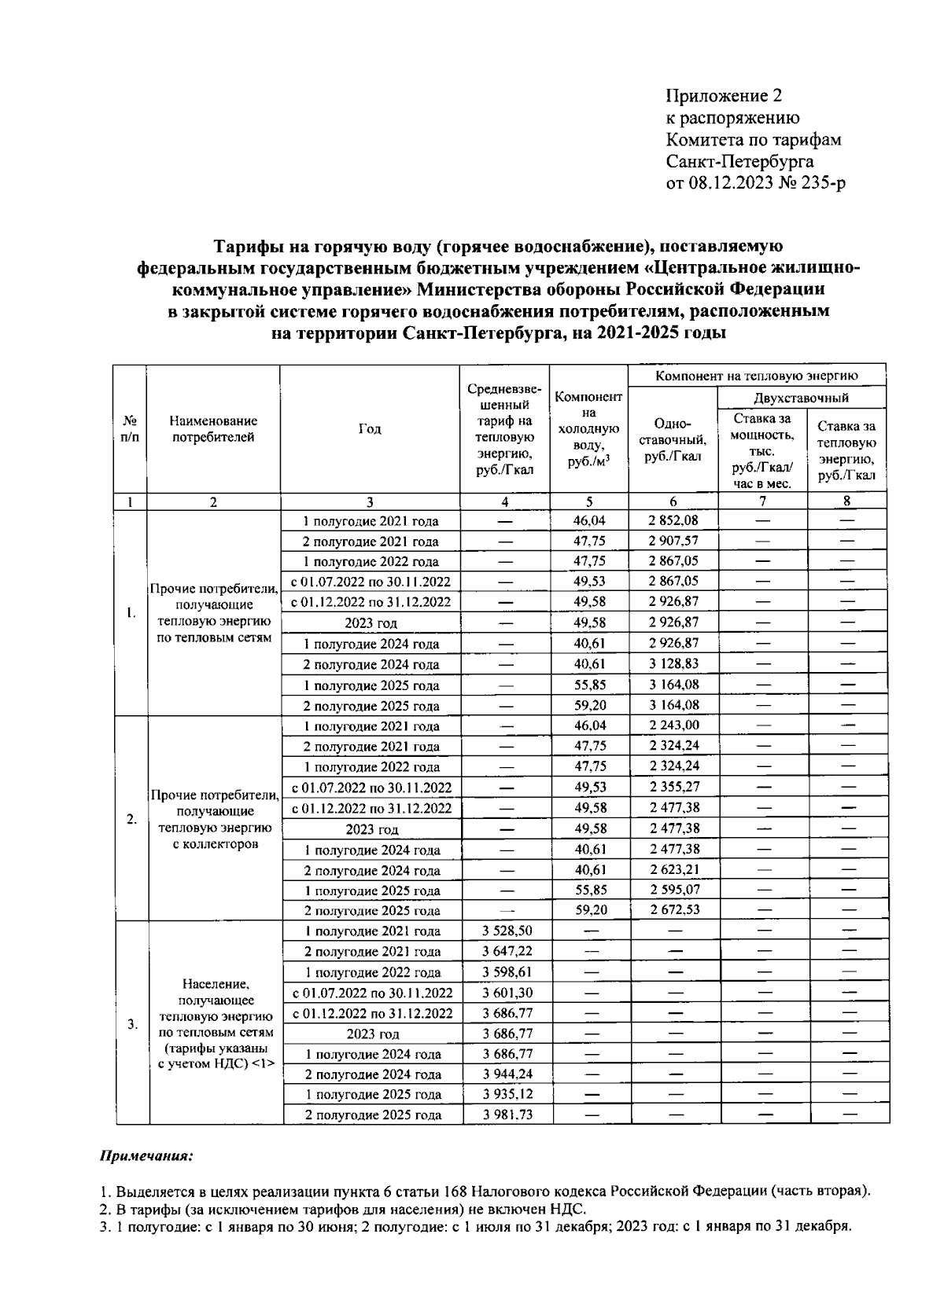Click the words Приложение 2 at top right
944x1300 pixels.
tap(725, 96)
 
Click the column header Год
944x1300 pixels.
tap(370, 428)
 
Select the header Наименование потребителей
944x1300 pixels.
tap(213, 429)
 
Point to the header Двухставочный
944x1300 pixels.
tap(801, 398)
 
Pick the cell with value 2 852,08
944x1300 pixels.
tap(673, 520)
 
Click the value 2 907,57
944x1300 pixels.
tap(673, 541)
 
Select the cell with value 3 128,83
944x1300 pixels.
tap(673, 663)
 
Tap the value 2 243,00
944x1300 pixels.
tap(674, 725)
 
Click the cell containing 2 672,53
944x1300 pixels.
tap(674, 910)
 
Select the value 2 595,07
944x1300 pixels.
tap(674, 890)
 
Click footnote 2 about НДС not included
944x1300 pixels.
tap(343, 1209)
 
